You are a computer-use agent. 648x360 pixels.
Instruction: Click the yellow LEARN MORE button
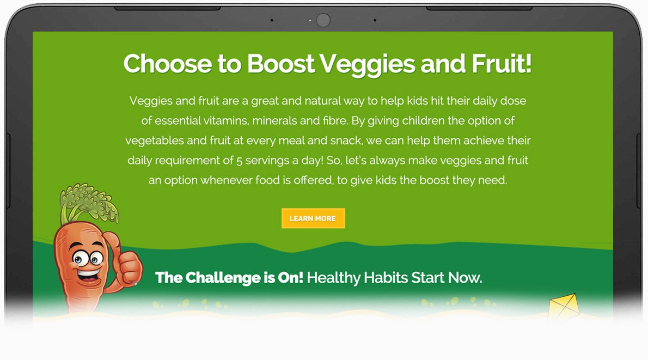click(x=313, y=218)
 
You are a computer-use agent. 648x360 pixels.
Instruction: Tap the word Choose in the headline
click(x=168, y=64)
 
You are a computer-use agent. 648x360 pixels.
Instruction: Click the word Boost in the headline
click(x=280, y=64)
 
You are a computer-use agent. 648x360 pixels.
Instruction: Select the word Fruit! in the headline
click(x=502, y=64)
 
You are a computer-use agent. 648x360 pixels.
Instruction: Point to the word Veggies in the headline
click(x=367, y=65)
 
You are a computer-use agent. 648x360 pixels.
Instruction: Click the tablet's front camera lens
click(x=323, y=20)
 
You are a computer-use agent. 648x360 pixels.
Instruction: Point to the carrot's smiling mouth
click(x=88, y=274)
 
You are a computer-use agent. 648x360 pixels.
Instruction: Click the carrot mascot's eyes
click(x=87, y=258)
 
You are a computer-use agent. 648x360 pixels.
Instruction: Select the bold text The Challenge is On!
click(x=229, y=278)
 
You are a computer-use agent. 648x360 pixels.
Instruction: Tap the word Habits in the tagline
click(x=386, y=278)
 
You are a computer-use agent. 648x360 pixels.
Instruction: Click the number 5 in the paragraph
click(x=239, y=160)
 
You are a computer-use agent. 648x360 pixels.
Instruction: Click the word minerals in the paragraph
click(x=274, y=120)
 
